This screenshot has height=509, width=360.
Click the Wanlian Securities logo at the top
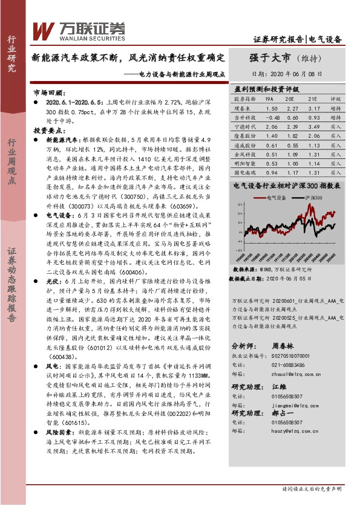[79, 29]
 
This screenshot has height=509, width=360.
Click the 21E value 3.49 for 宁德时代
[313, 128]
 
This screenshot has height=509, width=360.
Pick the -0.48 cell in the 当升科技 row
[273, 118]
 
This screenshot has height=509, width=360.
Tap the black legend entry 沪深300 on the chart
[316, 198]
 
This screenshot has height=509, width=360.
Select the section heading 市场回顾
[48, 94]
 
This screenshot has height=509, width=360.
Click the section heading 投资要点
[48, 130]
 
